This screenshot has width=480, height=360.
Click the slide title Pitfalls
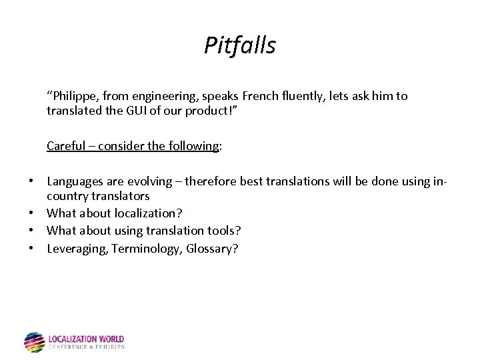click(x=239, y=45)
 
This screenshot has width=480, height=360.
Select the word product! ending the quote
click(x=231, y=110)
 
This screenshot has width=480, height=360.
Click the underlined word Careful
click(x=65, y=146)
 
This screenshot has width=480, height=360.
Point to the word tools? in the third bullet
click(x=223, y=231)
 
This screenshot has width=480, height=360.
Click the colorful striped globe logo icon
click(x=34, y=342)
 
